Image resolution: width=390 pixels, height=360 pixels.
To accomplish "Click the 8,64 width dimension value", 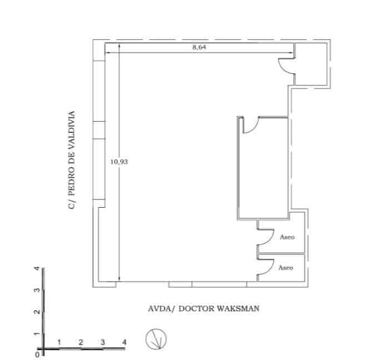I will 199,48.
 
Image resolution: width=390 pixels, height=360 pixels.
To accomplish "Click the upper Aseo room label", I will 286,237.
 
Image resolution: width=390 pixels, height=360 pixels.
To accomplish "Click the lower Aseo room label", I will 286,268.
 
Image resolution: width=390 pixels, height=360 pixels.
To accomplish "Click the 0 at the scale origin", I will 37,353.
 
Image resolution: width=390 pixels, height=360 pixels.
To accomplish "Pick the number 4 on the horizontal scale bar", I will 124,342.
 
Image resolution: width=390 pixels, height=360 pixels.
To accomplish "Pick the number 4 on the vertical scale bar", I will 37,269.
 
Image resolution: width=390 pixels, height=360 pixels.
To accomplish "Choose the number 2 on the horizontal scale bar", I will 81,342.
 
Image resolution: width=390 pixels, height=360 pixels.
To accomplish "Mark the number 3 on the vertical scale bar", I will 37,291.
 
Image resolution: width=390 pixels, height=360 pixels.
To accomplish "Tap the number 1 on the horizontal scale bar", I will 59,342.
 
